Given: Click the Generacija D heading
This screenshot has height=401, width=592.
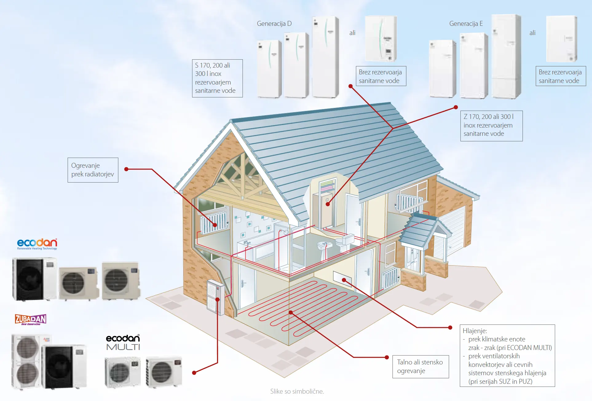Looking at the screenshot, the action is (274, 24).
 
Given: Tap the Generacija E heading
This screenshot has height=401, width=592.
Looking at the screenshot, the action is (466, 24).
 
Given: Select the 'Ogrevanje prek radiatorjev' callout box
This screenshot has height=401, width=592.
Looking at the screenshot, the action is (93, 170).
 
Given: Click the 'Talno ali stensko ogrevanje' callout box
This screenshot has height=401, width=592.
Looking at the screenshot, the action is (420, 367).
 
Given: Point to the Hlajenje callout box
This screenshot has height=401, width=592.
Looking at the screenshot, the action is (507, 356).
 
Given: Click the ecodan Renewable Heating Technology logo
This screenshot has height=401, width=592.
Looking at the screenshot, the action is (37, 244).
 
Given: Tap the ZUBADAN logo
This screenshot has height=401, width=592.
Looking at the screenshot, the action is (30, 320).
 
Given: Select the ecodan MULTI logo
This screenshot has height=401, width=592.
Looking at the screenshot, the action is (123, 342).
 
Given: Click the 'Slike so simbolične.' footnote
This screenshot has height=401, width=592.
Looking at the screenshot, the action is (297, 391).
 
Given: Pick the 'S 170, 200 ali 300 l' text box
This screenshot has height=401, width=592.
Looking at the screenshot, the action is (217, 78).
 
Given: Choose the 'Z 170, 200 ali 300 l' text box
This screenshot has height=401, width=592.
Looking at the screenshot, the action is (491, 126).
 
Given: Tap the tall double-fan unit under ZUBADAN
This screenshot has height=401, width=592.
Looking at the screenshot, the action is (27, 361).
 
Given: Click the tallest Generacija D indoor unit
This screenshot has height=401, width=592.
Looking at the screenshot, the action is (325, 57).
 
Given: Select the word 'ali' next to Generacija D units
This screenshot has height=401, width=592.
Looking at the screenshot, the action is (352, 33).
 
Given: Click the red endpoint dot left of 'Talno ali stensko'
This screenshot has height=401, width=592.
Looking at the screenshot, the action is (387, 357).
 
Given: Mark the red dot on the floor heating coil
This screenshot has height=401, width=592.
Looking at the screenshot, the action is (291, 313).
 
